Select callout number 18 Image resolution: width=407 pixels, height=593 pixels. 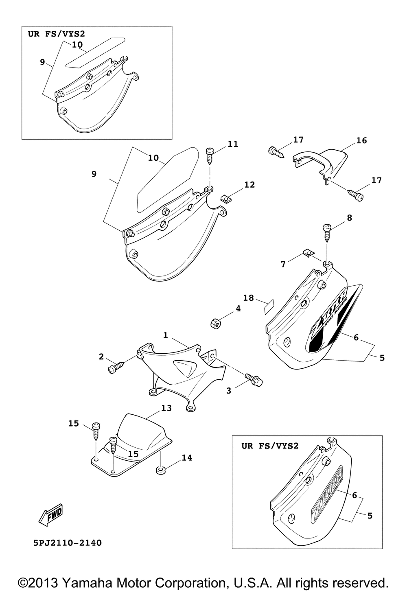point(248,298)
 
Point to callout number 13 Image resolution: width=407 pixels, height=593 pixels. point(167,408)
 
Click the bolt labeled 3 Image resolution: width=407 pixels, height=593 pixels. point(254,379)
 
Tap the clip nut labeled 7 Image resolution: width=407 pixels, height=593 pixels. point(310,254)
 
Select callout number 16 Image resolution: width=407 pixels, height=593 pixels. point(361,140)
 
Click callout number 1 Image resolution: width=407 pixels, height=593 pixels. point(166,335)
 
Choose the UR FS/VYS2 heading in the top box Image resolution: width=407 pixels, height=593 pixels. point(56,34)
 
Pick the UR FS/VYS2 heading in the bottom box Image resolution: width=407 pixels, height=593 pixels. point(270,446)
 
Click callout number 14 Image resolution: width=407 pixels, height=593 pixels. point(186,457)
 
